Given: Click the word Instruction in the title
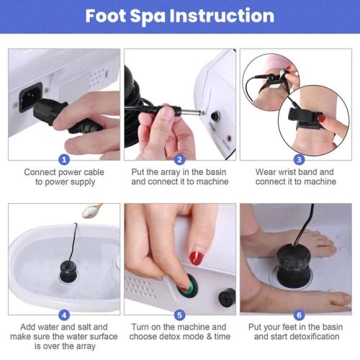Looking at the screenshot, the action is click(222, 16).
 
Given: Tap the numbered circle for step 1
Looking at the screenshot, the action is click(64, 160).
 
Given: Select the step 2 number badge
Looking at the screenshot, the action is click(180, 160).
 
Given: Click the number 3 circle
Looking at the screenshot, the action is click(299, 160).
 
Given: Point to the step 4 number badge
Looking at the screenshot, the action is click(64, 315).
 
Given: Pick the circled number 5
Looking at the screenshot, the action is click(180, 315).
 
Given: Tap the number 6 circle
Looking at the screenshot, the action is click(299, 315).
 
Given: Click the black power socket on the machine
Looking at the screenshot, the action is click(30, 96).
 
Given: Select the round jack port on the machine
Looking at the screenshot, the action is click(215, 116).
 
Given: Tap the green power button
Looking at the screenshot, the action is click(188, 287).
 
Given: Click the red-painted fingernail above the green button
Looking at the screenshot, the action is click(197, 258).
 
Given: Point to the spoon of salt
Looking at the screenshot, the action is click(92, 210).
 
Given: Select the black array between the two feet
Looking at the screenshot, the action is click(294, 265).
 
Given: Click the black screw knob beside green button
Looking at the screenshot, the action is click(227, 297).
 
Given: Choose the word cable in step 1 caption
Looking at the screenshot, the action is click(94, 172).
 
